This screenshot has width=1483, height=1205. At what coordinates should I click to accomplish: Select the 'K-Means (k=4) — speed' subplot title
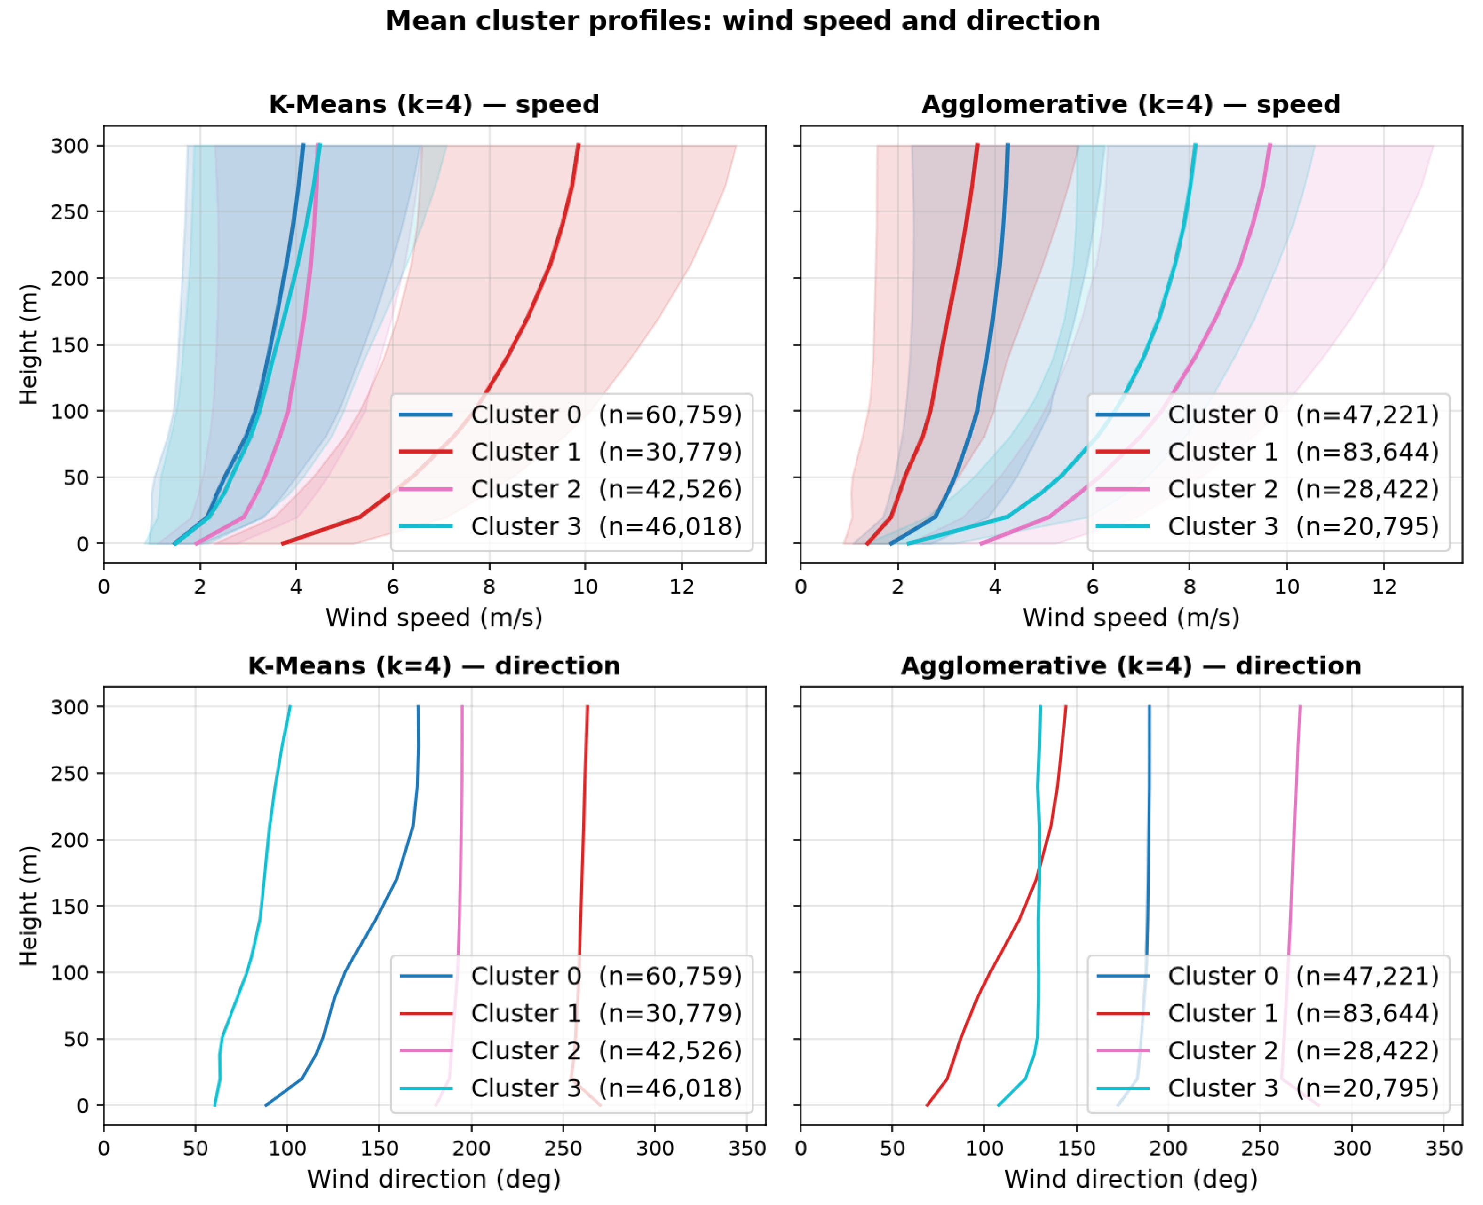[434, 104]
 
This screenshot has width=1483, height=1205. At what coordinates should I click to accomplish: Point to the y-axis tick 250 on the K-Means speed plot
[70, 211]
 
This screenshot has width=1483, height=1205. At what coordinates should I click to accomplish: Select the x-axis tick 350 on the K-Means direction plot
[747, 1149]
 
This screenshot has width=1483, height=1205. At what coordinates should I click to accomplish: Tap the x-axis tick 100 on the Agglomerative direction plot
[984, 1149]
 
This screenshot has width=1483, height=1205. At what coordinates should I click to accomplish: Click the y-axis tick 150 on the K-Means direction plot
[70, 907]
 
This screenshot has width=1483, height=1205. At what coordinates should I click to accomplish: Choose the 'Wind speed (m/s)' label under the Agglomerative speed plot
[1131, 618]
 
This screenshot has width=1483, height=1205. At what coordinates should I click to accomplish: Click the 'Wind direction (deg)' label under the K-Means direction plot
[434, 1179]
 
